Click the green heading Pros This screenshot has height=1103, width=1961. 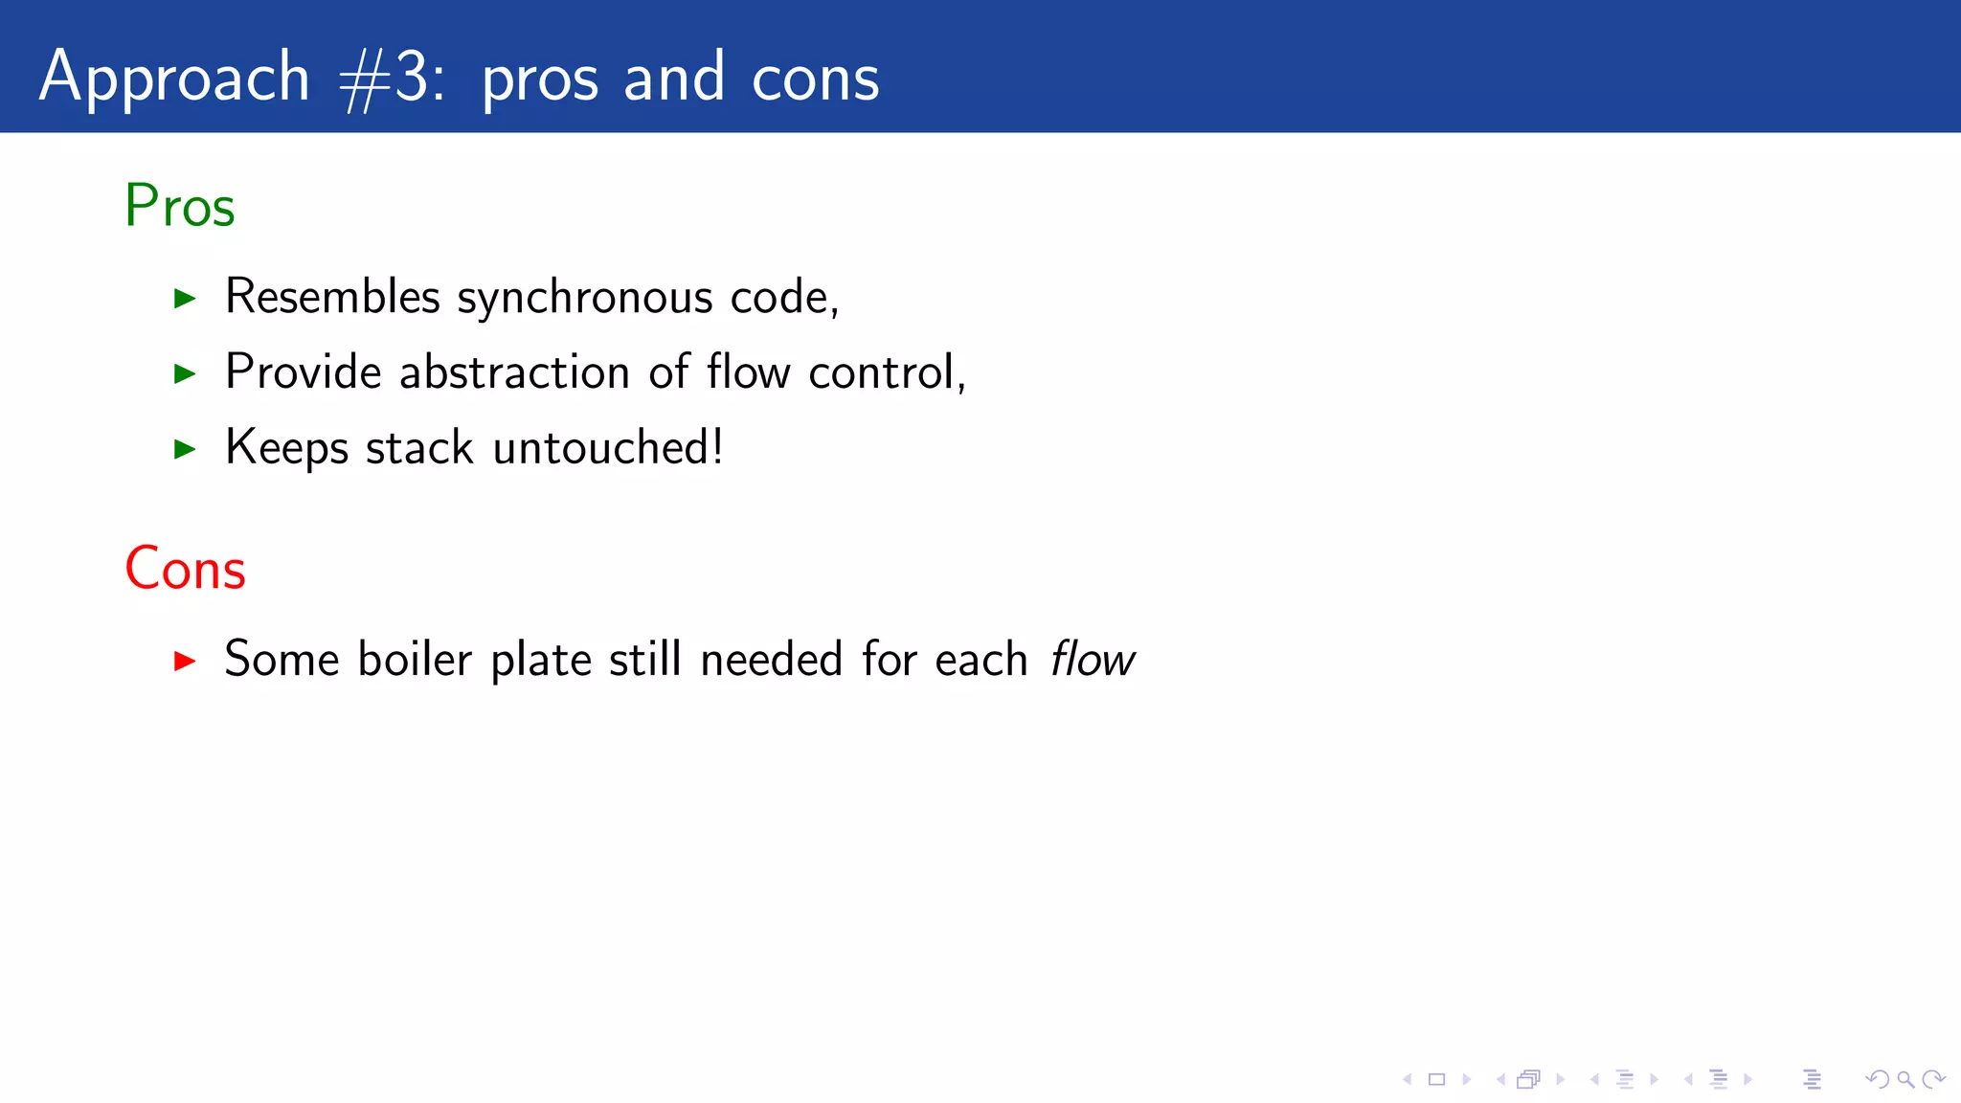(180, 205)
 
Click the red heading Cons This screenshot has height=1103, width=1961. (186, 569)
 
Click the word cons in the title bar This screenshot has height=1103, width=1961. (815, 79)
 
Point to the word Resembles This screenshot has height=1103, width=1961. (332, 296)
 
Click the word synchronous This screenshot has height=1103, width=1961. (585, 298)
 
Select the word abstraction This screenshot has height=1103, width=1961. (514, 371)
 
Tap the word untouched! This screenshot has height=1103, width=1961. (608, 447)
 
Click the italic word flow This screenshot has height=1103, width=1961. (1092, 660)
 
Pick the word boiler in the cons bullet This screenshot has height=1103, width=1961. (415, 660)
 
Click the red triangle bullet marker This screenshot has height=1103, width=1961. (185, 661)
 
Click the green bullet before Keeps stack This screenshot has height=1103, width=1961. (185, 448)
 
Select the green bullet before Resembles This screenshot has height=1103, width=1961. (185, 298)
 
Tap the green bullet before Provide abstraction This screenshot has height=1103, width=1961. (185, 373)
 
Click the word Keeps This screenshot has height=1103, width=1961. (286, 448)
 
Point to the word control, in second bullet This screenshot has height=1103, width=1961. (887, 371)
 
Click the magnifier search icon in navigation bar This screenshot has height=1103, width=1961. (1905, 1080)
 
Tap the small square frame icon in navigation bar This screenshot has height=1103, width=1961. (1436, 1080)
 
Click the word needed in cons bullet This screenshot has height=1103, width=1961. (771, 660)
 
